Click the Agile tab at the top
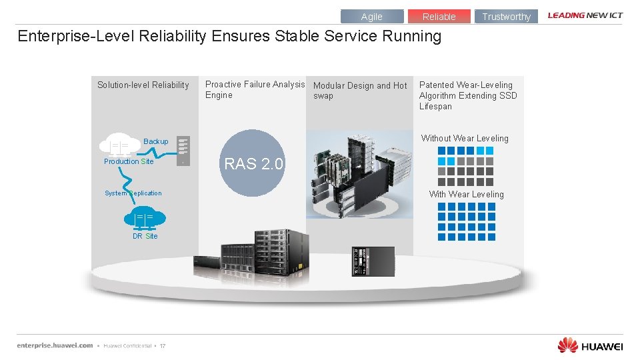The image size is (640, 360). pos(372,17)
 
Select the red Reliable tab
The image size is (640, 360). pos(439,17)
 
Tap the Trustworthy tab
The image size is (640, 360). pos(506,17)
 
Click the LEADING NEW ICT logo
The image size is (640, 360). pos(585,15)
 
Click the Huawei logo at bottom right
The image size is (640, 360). pos(590,345)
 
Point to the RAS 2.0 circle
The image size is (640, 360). pos(253,163)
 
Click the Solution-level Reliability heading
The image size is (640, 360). pos(143,85)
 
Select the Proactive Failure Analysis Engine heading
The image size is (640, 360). pos(254,89)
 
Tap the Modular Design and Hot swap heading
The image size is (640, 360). pos(359,90)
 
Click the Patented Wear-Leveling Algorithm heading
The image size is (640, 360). pos(467,95)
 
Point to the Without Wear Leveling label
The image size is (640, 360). pos(464,138)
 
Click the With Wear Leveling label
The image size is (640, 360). pos(466,194)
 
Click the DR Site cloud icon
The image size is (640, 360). pos(144,218)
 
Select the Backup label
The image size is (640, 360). pos(156,141)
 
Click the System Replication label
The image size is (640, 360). pos(133,193)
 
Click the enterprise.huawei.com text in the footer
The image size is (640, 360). pos(55,345)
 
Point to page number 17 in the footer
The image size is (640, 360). pos(162,345)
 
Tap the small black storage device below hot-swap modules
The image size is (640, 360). pos(373,261)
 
